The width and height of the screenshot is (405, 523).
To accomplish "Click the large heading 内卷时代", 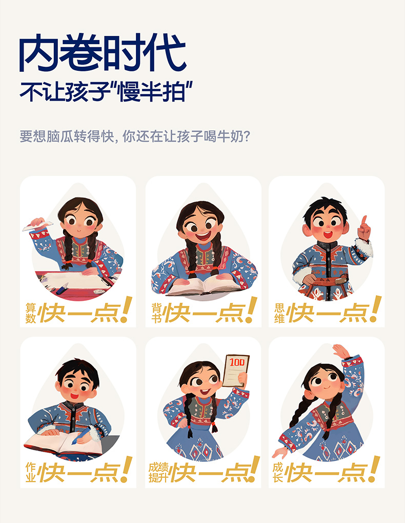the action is [x=102, y=53].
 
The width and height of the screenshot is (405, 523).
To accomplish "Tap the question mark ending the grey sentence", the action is [x=247, y=136].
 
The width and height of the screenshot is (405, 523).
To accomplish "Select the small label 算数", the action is [x=31, y=313].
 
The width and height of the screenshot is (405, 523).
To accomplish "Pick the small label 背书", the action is [x=156, y=313].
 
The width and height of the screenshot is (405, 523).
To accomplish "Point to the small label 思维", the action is [x=279, y=313].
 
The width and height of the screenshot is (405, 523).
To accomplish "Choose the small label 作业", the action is [x=31, y=473].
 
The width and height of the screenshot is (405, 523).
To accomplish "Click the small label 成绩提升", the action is [x=158, y=473].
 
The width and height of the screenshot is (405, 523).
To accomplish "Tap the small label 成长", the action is [x=278, y=473].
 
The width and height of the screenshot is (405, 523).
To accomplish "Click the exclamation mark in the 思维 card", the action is [x=375, y=309].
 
